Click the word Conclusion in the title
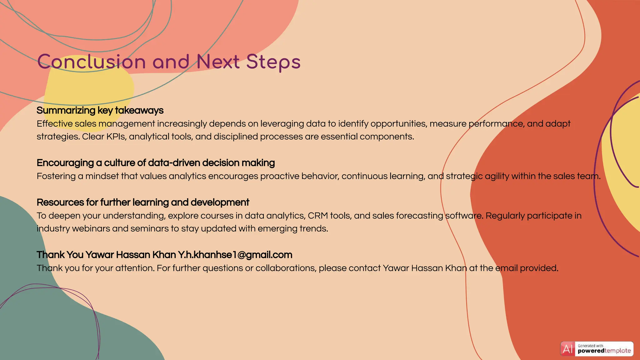point(92,62)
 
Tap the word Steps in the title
point(273,62)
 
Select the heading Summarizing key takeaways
point(100,110)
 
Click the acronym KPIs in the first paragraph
point(116,137)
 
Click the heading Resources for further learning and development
point(143,202)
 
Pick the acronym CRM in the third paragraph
point(318,216)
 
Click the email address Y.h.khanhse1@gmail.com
point(235,255)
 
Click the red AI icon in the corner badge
point(567,349)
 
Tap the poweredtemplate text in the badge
point(604,351)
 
